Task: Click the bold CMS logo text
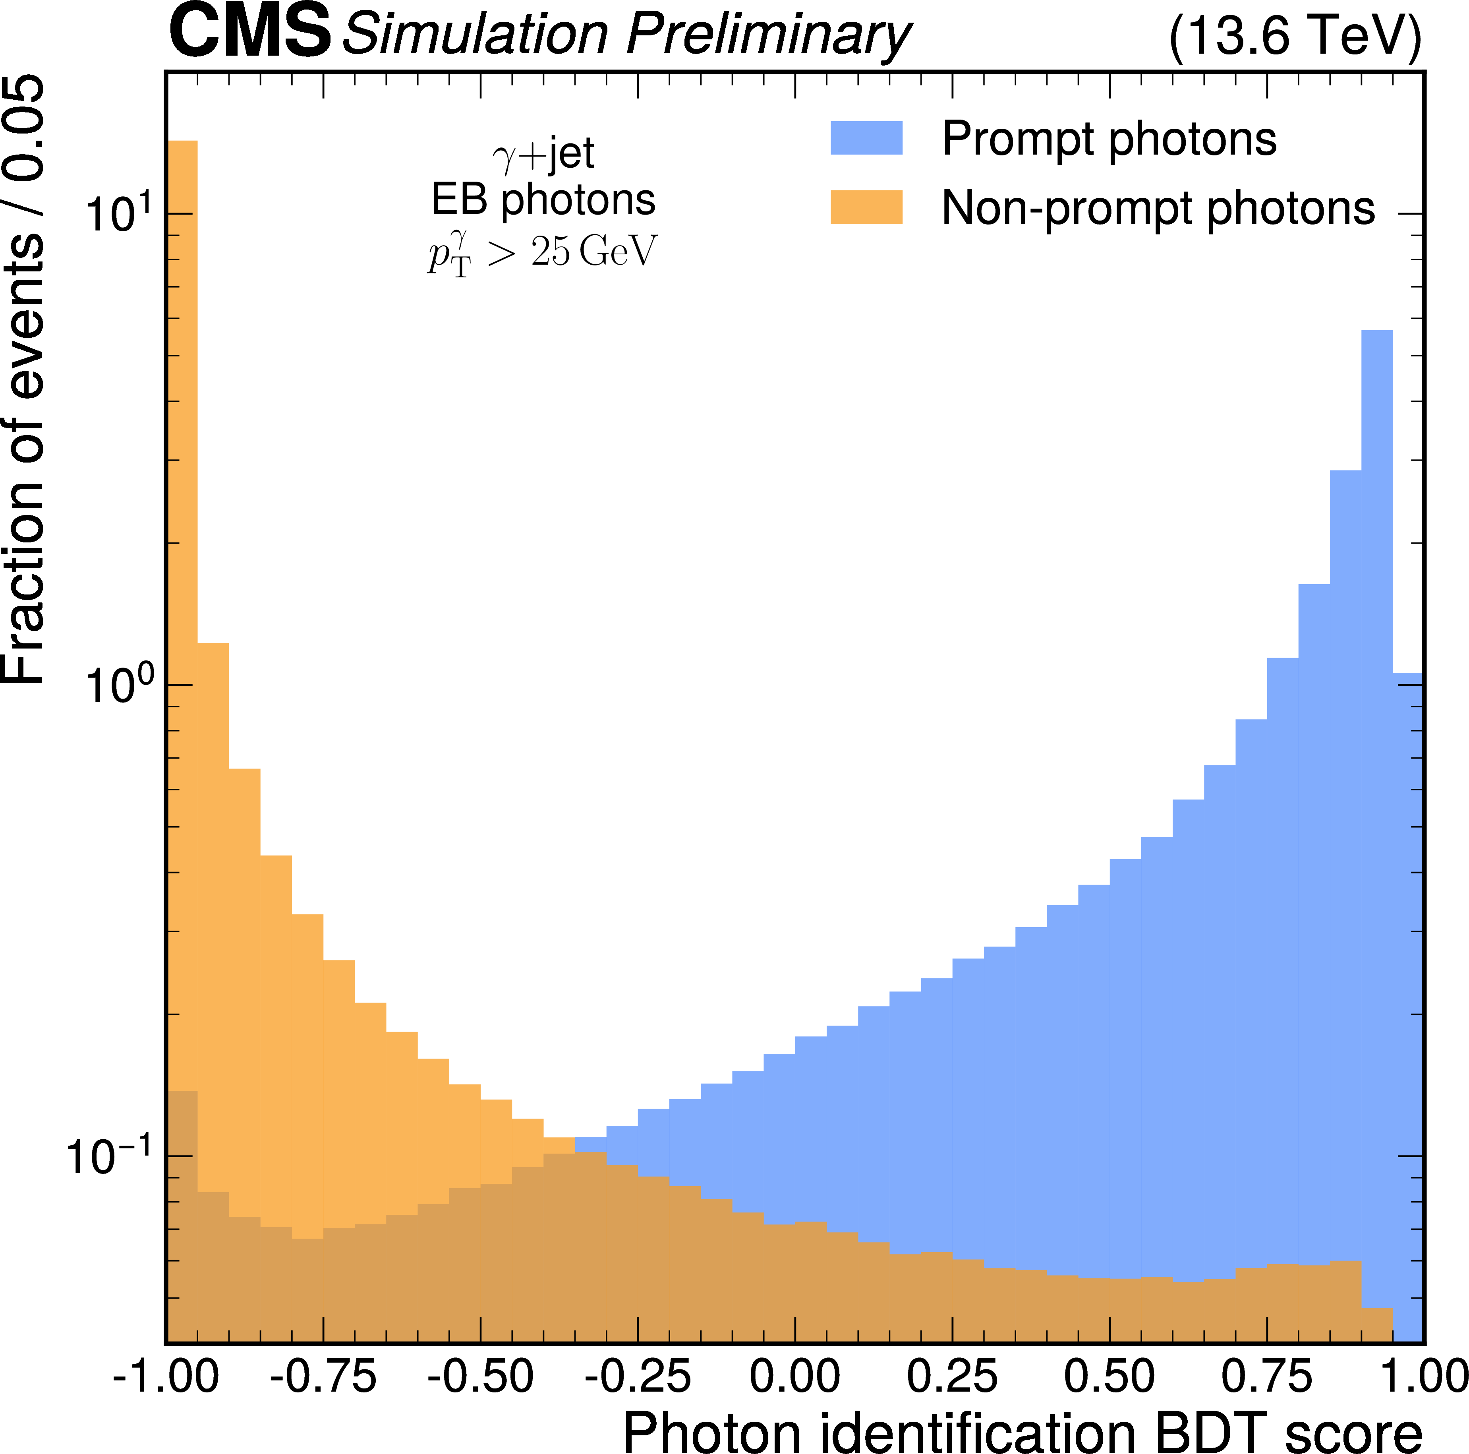pos(249,32)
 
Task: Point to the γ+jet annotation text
pos(543,154)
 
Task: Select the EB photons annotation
pos(543,201)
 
